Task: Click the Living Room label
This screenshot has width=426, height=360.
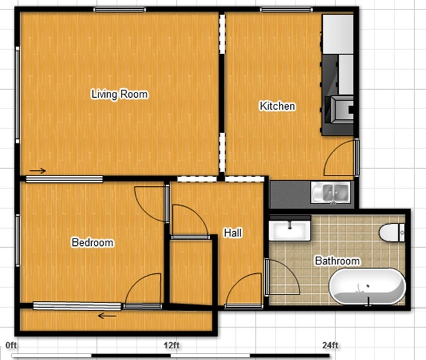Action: click(x=120, y=94)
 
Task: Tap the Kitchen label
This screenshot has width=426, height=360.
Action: click(x=277, y=106)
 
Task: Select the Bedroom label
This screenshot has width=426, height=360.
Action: click(x=92, y=242)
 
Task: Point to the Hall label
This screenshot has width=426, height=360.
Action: click(x=233, y=233)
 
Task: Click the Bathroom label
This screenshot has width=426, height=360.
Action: click(x=337, y=261)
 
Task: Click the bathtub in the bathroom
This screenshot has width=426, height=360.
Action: click(x=367, y=287)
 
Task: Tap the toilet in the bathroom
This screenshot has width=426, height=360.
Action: click(x=392, y=232)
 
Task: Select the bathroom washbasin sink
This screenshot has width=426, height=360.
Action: click(x=290, y=228)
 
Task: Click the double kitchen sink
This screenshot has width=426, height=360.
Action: click(x=331, y=192)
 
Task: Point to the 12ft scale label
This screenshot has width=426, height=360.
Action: click(x=172, y=346)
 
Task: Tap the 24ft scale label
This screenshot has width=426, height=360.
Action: click(x=330, y=346)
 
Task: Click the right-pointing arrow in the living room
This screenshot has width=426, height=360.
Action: click(x=38, y=171)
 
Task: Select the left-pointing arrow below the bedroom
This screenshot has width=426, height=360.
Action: click(x=107, y=316)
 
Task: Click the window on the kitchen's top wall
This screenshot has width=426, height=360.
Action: click(x=286, y=9)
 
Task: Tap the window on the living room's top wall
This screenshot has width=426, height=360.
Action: click(x=120, y=9)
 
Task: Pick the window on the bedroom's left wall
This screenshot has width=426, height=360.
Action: click(x=18, y=241)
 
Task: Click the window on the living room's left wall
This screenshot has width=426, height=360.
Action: click(x=18, y=95)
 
